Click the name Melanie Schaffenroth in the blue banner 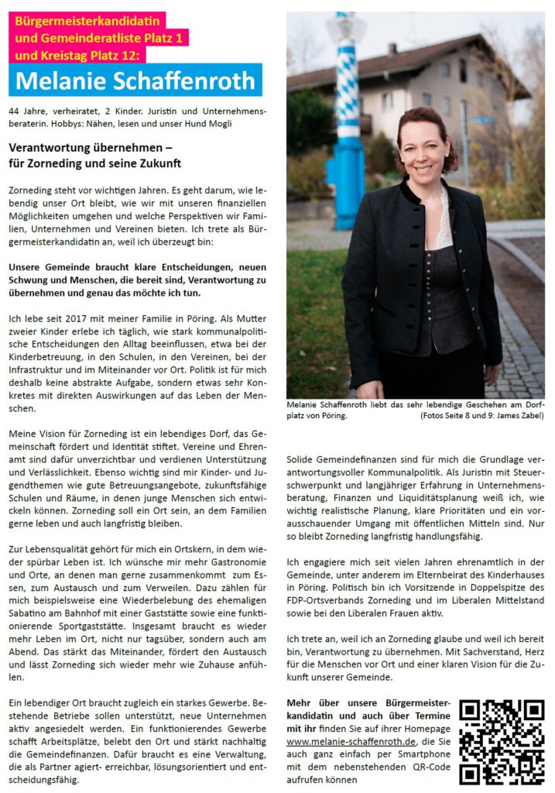click(135, 81)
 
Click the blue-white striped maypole click(345, 116)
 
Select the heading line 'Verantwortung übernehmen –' click(90, 146)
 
